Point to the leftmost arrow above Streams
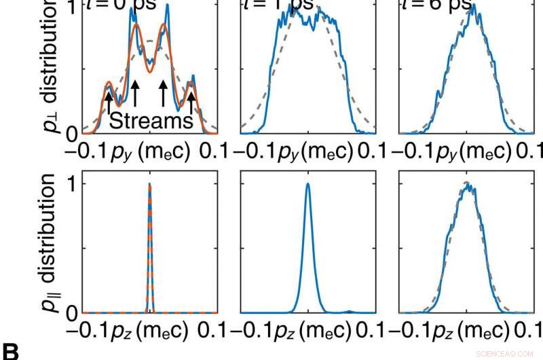(108, 101)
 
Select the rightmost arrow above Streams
(191, 101)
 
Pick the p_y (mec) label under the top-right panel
(467, 152)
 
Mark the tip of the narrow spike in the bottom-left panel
(149, 184)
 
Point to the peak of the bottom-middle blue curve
(308, 184)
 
